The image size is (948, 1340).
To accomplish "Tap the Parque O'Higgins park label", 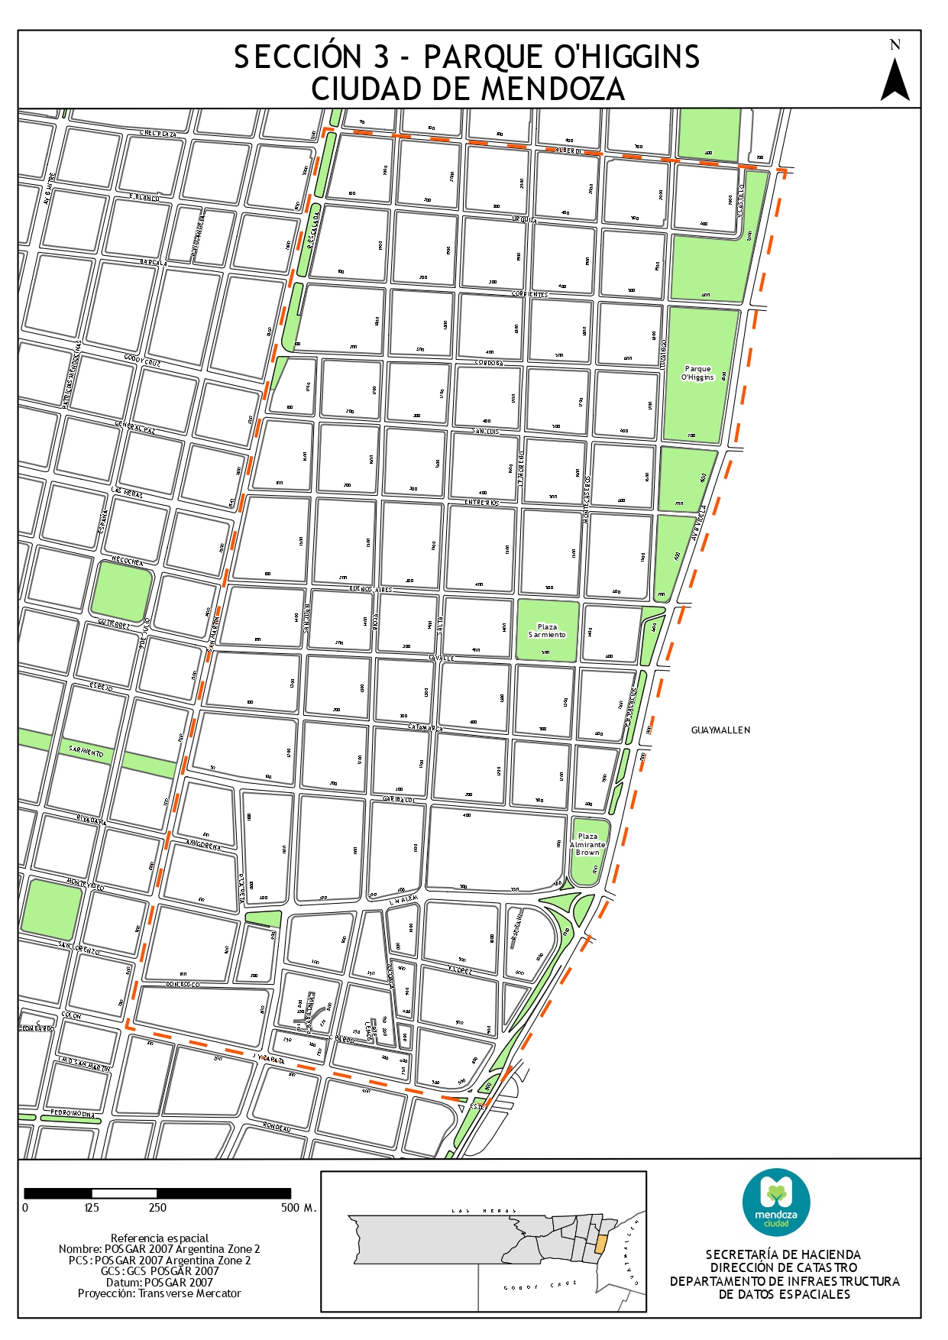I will [x=697, y=373].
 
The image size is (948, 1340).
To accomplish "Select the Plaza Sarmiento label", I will [x=547, y=631].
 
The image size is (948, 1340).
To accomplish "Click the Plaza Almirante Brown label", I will [x=587, y=844].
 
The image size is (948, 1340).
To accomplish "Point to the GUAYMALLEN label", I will [x=720, y=730].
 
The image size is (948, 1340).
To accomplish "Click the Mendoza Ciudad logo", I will [x=776, y=1202].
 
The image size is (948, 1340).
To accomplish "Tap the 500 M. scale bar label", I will [x=298, y=1208].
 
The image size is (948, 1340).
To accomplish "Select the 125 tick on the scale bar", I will [x=92, y=1208].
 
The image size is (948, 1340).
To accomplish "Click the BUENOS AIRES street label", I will [x=370, y=590].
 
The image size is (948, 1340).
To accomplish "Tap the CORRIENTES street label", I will [x=529, y=294].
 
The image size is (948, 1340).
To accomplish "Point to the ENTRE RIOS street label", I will [x=482, y=503].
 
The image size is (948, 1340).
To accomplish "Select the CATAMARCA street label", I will [x=425, y=728].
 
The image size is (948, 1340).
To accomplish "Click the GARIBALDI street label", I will [x=398, y=799].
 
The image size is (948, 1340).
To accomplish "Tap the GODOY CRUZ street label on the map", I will [x=142, y=361].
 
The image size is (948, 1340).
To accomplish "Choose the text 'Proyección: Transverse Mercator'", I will [x=159, y=1293].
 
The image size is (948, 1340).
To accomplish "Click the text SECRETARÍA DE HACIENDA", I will [x=783, y=1254].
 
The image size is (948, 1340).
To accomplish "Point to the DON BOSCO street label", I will [x=183, y=985].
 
